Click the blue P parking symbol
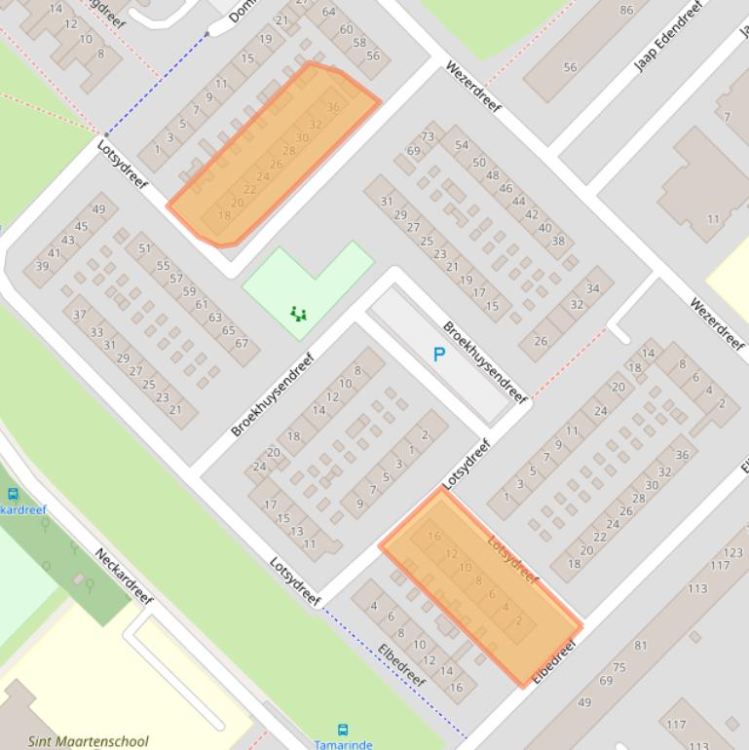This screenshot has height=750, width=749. click(438, 356)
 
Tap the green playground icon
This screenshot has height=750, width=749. click(299, 314)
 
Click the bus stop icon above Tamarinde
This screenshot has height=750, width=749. click(343, 730)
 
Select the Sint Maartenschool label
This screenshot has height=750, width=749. click(89, 741)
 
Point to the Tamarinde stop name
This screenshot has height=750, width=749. click(343, 744)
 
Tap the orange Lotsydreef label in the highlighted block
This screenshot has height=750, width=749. click(512, 561)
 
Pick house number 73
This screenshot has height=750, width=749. click(428, 137)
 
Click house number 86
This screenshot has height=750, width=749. click(625, 11)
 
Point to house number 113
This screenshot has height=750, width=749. click(697, 588)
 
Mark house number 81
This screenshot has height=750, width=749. click(640, 646)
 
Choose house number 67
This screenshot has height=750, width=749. click(241, 343)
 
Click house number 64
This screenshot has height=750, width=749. click(328, 13)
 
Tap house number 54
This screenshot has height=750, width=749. click(462, 145)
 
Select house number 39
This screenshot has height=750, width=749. click(42, 266)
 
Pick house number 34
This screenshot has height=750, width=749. click(593, 288)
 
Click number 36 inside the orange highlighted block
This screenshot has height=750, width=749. click(333, 107)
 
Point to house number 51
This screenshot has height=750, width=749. click(145, 248)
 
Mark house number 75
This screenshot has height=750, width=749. click(619, 667)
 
